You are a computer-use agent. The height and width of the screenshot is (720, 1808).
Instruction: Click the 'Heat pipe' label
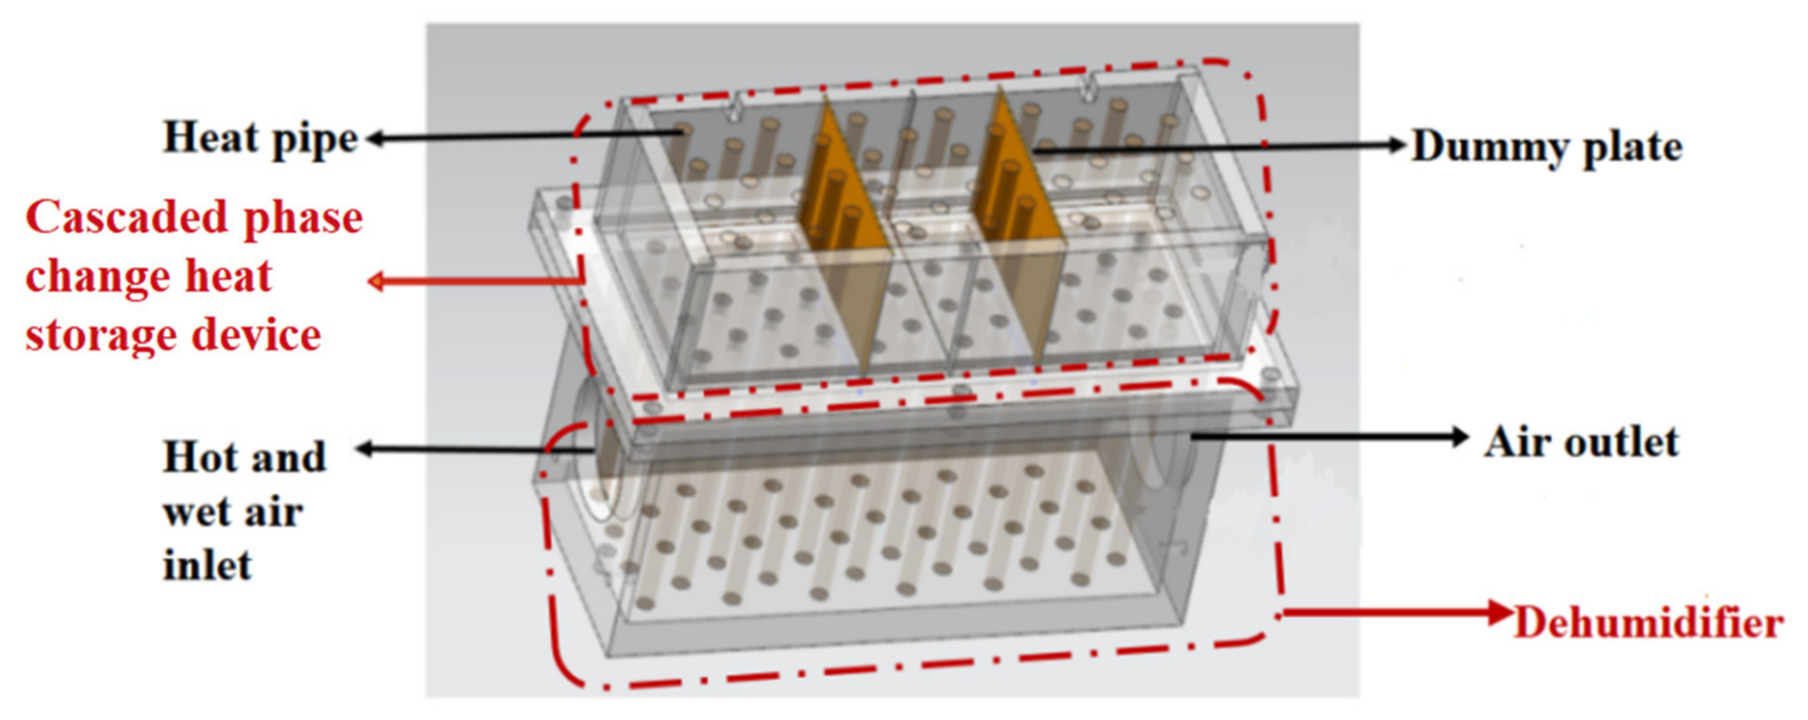coord(261,138)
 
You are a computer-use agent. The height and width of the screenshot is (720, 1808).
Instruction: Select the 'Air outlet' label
coord(1581,443)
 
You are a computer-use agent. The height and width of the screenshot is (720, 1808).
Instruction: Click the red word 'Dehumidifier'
coord(1649,623)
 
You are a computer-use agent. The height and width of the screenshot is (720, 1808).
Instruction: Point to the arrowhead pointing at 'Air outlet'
coord(1459,437)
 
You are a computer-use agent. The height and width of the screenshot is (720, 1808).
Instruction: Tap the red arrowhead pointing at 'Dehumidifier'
coord(1501,613)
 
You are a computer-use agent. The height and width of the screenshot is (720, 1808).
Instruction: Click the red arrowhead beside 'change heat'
coord(378,282)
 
